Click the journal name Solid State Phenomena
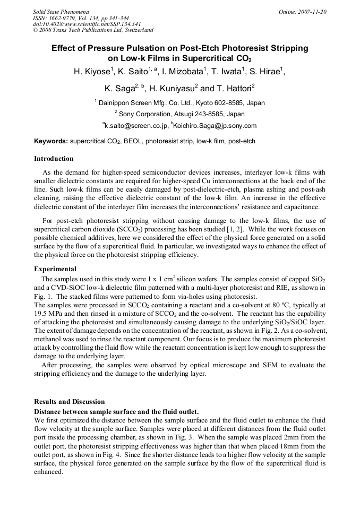pyautogui.click(x=61, y=11)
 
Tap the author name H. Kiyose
pyautogui.click(x=91, y=72)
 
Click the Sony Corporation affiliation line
pyautogui.click(x=179, y=114)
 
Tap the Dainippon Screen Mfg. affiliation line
pyautogui.click(x=179, y=103)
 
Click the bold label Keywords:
pyautogui.click(x=51, y=142)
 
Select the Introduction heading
pyautogui.click(x=54, y=159)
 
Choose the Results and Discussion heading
pyautogui.click(x=69, y=402)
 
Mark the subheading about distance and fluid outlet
pyautogui.click(x=116, y=411)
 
